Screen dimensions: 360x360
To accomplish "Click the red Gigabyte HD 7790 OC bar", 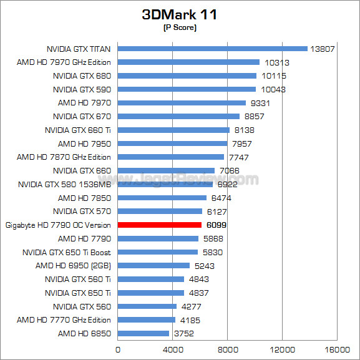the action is [160, 225].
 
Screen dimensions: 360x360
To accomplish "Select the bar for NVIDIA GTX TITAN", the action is [213, 49].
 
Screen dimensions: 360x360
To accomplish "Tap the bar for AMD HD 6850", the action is [144, 333].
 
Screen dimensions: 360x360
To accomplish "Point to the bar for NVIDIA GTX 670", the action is [178, 117].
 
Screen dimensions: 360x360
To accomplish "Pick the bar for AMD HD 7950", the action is [172, 144].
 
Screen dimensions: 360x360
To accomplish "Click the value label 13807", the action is [323, 49].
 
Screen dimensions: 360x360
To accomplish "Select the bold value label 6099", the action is [216, 225].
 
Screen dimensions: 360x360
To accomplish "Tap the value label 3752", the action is [184, 333].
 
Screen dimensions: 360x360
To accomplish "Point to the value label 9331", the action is [260, 104].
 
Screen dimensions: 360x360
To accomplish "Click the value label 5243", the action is [205, 266].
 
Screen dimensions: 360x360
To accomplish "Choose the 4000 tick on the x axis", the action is [173, 349].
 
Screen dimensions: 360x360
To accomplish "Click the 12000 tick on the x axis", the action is [283, 349].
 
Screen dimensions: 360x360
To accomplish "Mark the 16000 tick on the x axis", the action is [337, 349].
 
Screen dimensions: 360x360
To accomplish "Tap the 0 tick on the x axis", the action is [118, 349].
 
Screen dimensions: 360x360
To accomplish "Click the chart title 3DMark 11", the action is [180, 14].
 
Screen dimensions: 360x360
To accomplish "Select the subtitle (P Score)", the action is [180, 27].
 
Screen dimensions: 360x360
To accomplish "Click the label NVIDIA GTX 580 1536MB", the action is [64, 184].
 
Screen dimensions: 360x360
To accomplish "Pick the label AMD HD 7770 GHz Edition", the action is [64, 320].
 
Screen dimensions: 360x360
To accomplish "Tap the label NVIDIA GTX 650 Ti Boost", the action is [67, 252].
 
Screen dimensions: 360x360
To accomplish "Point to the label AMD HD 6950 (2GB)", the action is [73, 266].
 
